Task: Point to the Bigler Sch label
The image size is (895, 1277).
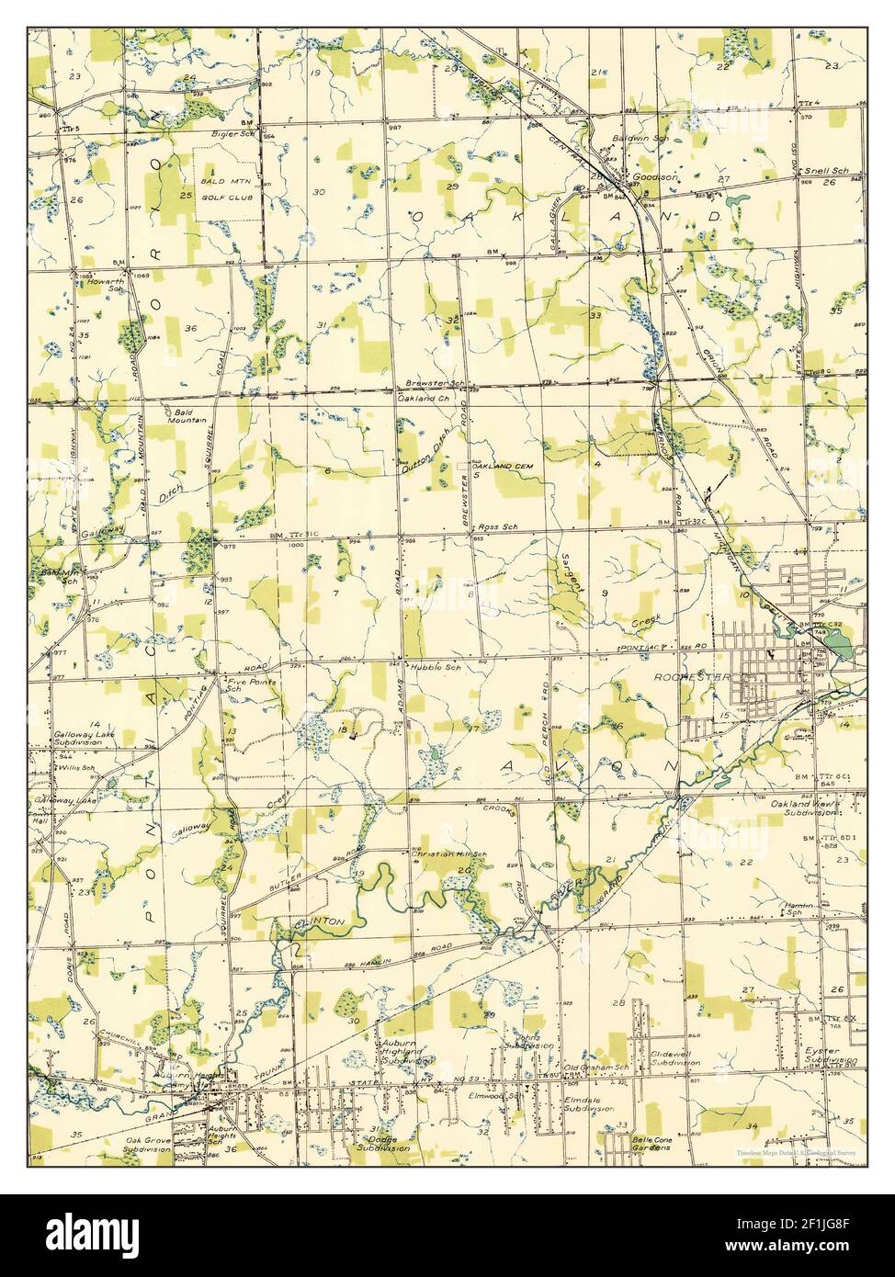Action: tap(232, 134)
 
